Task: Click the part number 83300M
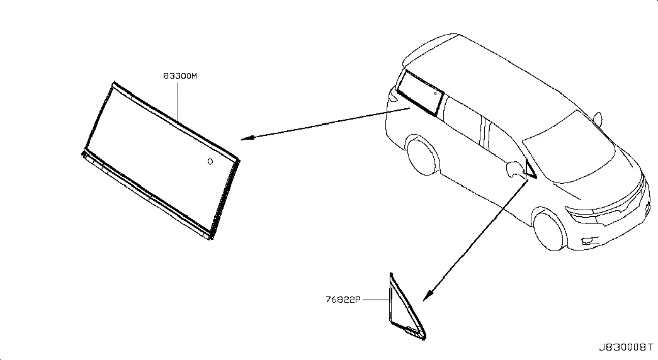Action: (x=180, y=76)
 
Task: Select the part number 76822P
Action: (x=343, y=300)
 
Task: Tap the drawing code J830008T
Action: (x=625, y=347)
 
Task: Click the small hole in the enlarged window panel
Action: (x=210, y=162)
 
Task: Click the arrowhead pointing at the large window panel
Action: (x=246, y=138)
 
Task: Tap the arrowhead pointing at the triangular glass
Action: (x=427, y=295)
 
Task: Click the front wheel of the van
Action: (x=550, y=230)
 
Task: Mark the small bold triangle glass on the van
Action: (x=530, y=169)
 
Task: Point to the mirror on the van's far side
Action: (x=598, y=119)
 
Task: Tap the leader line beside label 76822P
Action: (x=376, y=300)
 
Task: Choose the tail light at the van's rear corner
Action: (x=393, y=95)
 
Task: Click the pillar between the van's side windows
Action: (x=486, y=133)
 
